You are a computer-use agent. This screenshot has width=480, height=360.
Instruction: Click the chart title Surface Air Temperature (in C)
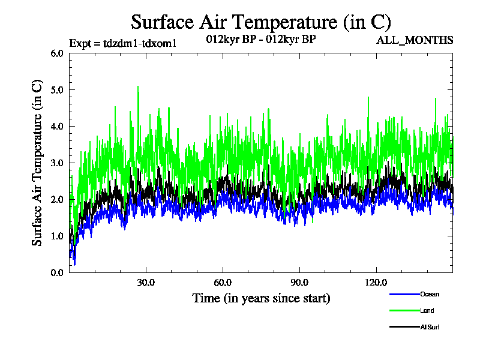[x=261, y=22]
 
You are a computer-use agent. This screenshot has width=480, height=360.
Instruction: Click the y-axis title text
[x=37, y=163]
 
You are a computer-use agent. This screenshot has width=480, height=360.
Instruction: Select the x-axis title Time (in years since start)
[x=261, y=298]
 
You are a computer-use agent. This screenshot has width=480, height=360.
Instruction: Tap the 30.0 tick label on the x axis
[x=146, y=283]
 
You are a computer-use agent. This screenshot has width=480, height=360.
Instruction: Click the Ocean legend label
[x=430, y=294]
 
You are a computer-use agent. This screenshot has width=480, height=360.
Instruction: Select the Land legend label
[x=427, y=311]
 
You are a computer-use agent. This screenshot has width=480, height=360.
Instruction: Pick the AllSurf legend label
[x=431, y=327]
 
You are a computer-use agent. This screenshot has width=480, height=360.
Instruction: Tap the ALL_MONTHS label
[x=415, y=40]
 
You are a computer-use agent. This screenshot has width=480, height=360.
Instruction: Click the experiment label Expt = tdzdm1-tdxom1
[x=123, y=43]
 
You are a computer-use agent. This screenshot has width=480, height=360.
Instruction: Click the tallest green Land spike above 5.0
[x=138, y=88]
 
